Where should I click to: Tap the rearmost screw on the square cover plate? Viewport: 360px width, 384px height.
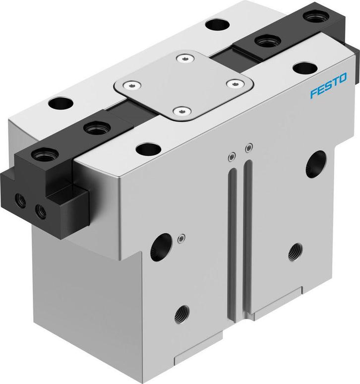pyautogui.click(x=185, y=59)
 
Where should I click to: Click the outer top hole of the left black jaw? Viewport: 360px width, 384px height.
pyautogui.click(x=42, y=154)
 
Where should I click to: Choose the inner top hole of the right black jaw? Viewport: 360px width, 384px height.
pyautogui.click(x=263, y=39)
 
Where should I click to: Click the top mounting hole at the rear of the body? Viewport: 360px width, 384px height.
pyautogui.click(x=216, y=23)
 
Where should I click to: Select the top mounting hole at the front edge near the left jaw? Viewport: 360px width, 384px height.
pyautogui.click(x=147, y=148)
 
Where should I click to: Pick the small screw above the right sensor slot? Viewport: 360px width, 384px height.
pyautogui.click(x=249, y=147)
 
